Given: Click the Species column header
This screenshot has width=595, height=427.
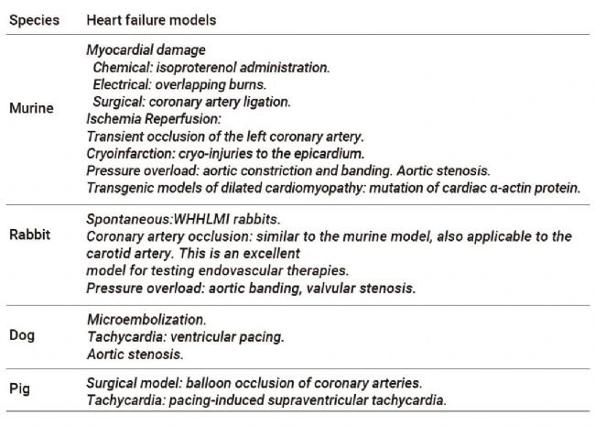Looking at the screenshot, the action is tap(34, 20).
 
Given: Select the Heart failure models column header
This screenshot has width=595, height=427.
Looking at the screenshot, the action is tap(151, 20).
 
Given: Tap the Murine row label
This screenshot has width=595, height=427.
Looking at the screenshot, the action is tap(31, 108).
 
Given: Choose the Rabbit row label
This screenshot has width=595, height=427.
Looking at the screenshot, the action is tap(29, 235).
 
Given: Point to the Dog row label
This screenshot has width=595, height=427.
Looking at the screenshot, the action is tap(22, 335).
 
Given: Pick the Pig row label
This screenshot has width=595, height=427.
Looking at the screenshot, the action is tap(19, 389).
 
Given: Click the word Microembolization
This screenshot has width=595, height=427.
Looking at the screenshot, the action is tap(146, 320).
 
